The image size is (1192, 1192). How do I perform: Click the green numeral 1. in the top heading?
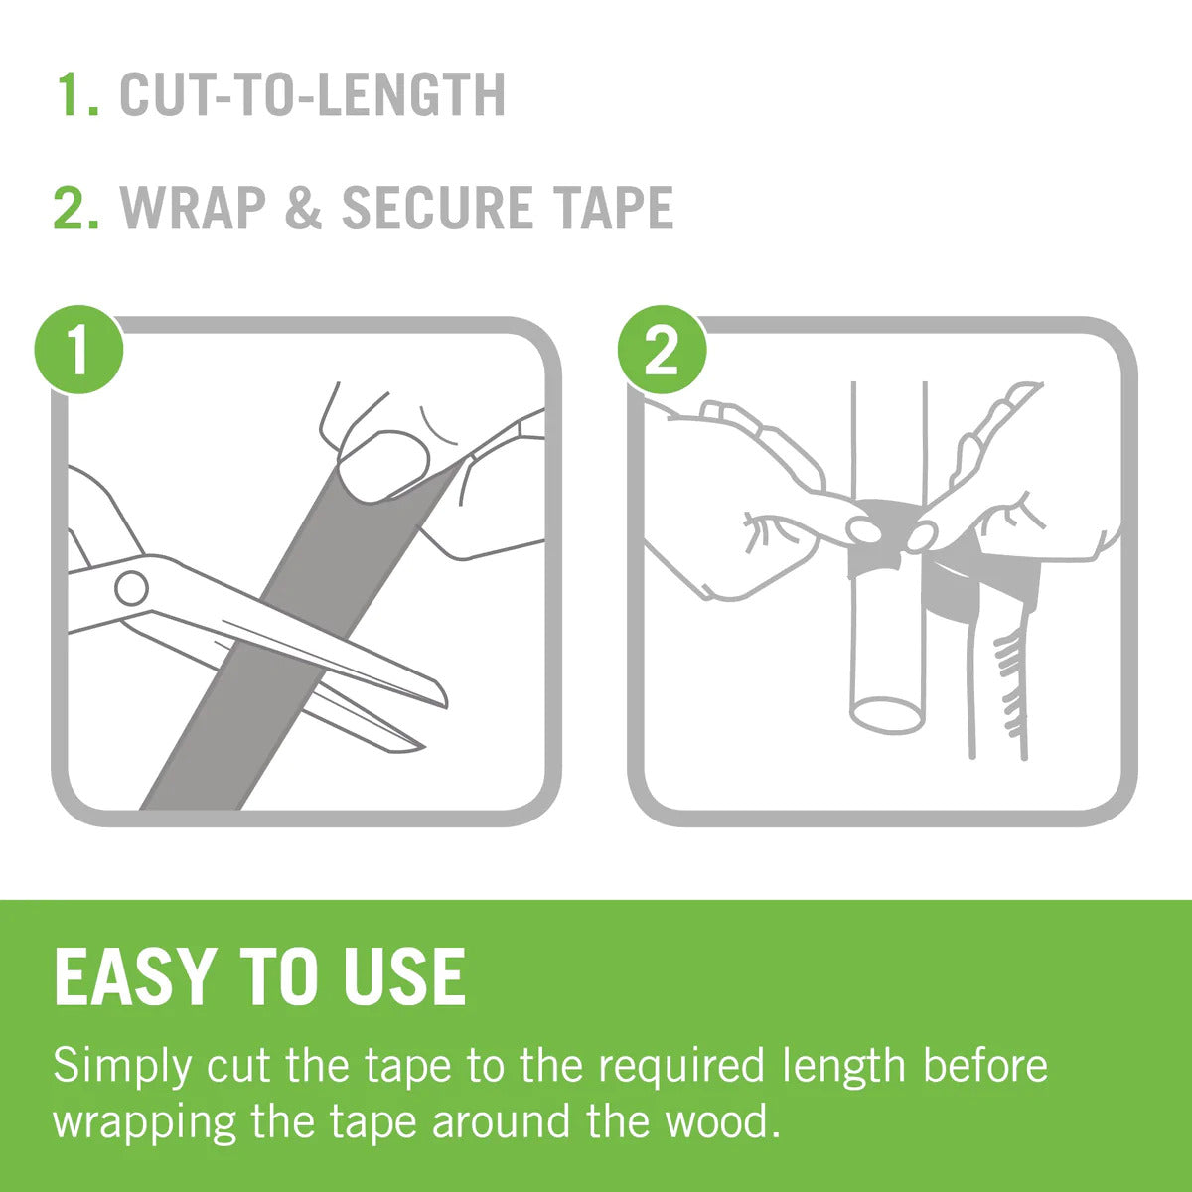77,94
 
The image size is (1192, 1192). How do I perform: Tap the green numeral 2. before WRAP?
76,208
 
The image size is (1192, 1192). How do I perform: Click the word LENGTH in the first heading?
413,94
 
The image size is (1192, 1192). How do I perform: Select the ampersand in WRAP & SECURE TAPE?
303,208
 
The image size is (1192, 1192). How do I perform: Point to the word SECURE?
437,208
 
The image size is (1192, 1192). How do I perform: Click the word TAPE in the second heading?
613,208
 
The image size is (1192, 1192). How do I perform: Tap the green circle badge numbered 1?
78,350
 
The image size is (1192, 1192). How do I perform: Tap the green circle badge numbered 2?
662,350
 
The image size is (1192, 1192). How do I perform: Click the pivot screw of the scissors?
131,588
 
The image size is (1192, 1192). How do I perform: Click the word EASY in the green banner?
135,976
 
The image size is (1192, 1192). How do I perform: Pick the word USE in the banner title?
404,976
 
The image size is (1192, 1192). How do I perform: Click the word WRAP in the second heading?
194,208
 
